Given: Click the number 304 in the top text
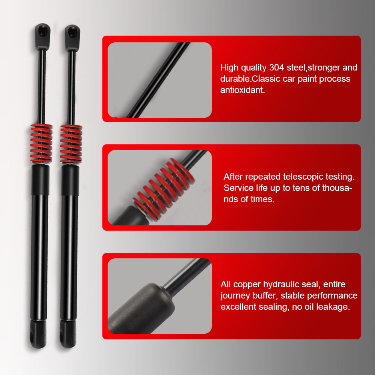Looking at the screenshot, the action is pos(277,67).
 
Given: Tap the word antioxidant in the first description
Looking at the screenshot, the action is pos(243,90).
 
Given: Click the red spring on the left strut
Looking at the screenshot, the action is pos(41,144).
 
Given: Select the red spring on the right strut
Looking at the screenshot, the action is pos(71,144).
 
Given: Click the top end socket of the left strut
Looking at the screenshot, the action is pos(43,36).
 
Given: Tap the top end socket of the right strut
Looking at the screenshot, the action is pos(72,37).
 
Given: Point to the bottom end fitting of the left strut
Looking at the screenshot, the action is pos(38,334).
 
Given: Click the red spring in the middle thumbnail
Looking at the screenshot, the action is pos(164,189).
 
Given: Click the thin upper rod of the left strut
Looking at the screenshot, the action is pos(42,87).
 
